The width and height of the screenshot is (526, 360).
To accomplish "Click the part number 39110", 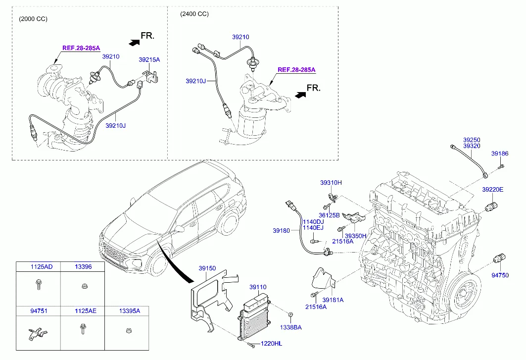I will [258, 287].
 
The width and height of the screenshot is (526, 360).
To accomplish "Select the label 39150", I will [207, 268].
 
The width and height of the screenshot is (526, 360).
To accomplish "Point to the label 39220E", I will [493, 190].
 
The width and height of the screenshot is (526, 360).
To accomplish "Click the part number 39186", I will [500, 154].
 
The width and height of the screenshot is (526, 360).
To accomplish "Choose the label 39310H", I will [331, 183].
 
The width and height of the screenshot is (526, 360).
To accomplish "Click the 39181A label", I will [333, 300].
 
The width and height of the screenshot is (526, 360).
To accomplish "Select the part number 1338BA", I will [290, 327].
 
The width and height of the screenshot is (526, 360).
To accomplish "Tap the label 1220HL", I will [272, 344].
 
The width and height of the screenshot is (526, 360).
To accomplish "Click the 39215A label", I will [149, 59].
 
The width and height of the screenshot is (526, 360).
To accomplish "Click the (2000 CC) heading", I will [33, 19].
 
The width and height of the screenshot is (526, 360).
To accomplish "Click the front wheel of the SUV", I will [159, 264].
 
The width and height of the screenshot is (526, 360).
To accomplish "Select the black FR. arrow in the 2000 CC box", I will [133, 43].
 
